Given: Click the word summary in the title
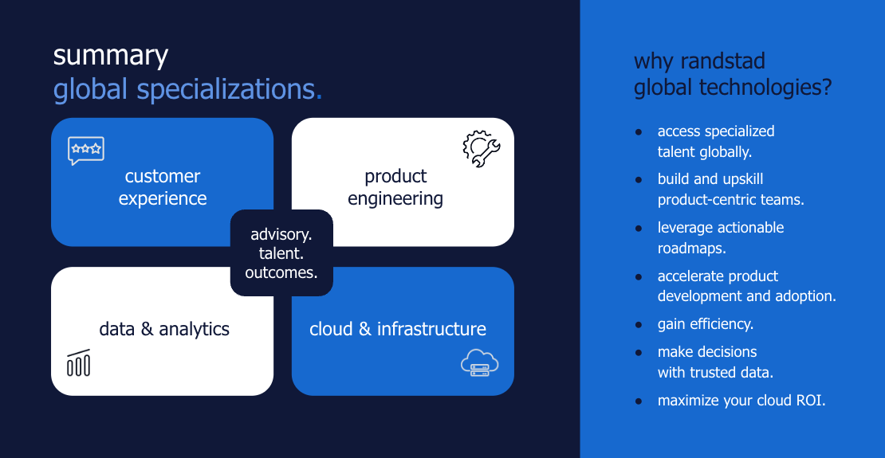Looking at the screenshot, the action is point(111,57).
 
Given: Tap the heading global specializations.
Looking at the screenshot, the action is point(188,91).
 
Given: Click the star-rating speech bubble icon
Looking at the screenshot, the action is point(86,151).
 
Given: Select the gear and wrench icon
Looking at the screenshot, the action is point(481,149).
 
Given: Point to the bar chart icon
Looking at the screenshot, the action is point(78,362).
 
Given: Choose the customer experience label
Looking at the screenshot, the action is point(163,187).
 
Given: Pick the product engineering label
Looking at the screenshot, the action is point(395,187).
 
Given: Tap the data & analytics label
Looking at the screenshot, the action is point(164,329).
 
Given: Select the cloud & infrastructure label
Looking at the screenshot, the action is point(398,329).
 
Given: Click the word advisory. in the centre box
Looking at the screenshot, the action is point(281,234).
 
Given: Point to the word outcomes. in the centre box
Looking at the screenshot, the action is point(281,272).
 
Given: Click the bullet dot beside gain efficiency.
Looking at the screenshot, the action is point(639,325).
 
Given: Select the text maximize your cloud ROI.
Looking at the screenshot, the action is point(741,401).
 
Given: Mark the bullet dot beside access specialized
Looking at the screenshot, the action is point(639,132).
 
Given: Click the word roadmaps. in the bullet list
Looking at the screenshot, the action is point(692,249).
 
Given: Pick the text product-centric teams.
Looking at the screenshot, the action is point(731,200).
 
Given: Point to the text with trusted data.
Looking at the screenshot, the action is point(715,373).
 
